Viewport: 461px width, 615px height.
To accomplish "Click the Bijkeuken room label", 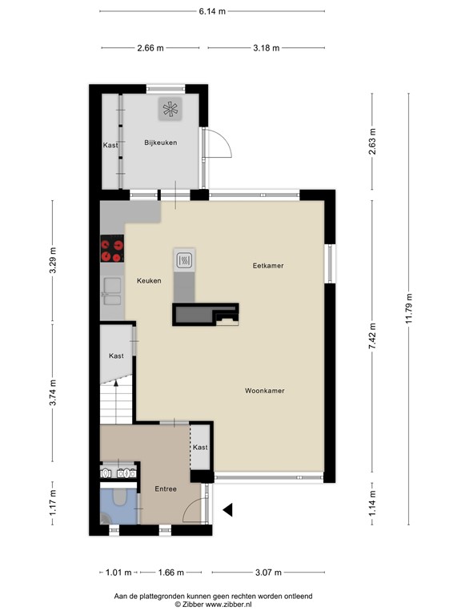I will pos(160,143).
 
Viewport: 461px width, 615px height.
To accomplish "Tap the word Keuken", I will pos(149,280).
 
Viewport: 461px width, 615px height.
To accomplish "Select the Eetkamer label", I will pos(268,265).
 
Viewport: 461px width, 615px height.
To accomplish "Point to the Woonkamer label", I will pos(265,391).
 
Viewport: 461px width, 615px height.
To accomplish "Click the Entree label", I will pos(166,488).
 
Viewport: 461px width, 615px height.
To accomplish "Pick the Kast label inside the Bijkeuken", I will pos(110,145).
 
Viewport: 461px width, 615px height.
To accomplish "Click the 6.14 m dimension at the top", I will pos(212,11).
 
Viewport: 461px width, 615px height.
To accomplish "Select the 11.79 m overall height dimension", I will pos(409,307).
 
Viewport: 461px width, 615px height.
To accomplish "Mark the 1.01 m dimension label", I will pos(118,572).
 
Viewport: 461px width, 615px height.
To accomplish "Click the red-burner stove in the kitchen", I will pos(112,251).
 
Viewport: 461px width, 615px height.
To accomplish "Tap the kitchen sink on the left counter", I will pos(110,292).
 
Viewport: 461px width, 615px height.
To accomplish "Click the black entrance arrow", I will pos(227,508).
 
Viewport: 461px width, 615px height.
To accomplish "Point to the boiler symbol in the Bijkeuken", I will pos(170,110).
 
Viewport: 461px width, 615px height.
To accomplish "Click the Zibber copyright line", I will pos(212,605).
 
